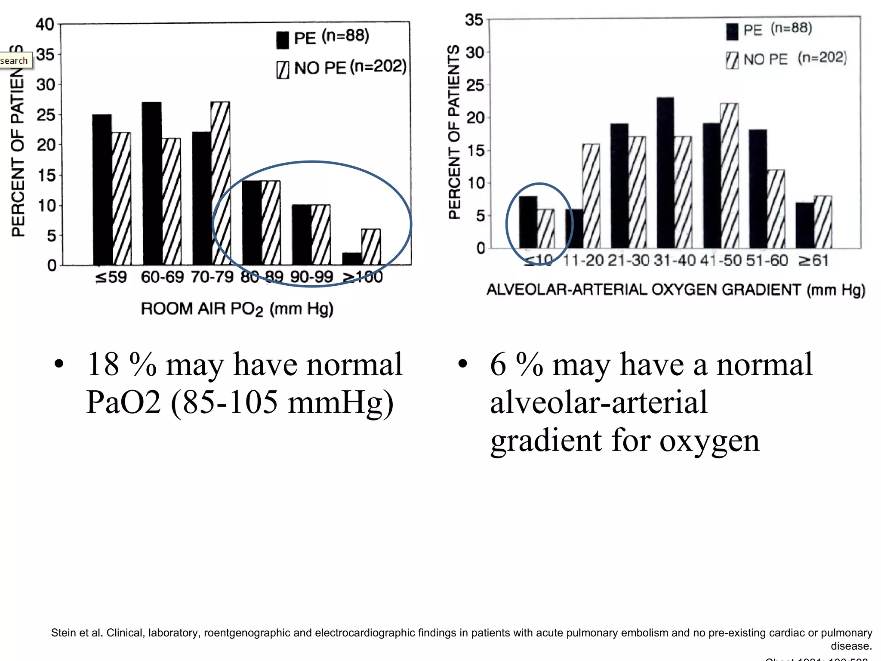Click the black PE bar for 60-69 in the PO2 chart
click(152, 183)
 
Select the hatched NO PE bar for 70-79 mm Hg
click(220, 183)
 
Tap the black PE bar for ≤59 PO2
click(102, 189)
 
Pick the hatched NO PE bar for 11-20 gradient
click(591, 196)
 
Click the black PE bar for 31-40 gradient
click(665, 172)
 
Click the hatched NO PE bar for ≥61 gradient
click(822, 222)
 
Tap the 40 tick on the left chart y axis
click(44, 24)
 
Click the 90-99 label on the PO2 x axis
click(311, 277)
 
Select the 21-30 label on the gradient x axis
click(628, 260)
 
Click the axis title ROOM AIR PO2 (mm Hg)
click(237, 309)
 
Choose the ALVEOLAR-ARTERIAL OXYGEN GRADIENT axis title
click(675, 290)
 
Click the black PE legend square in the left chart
click(283, 40)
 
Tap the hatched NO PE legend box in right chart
click(732, 60)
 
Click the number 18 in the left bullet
click(103, 364)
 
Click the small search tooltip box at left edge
click(15, 61)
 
